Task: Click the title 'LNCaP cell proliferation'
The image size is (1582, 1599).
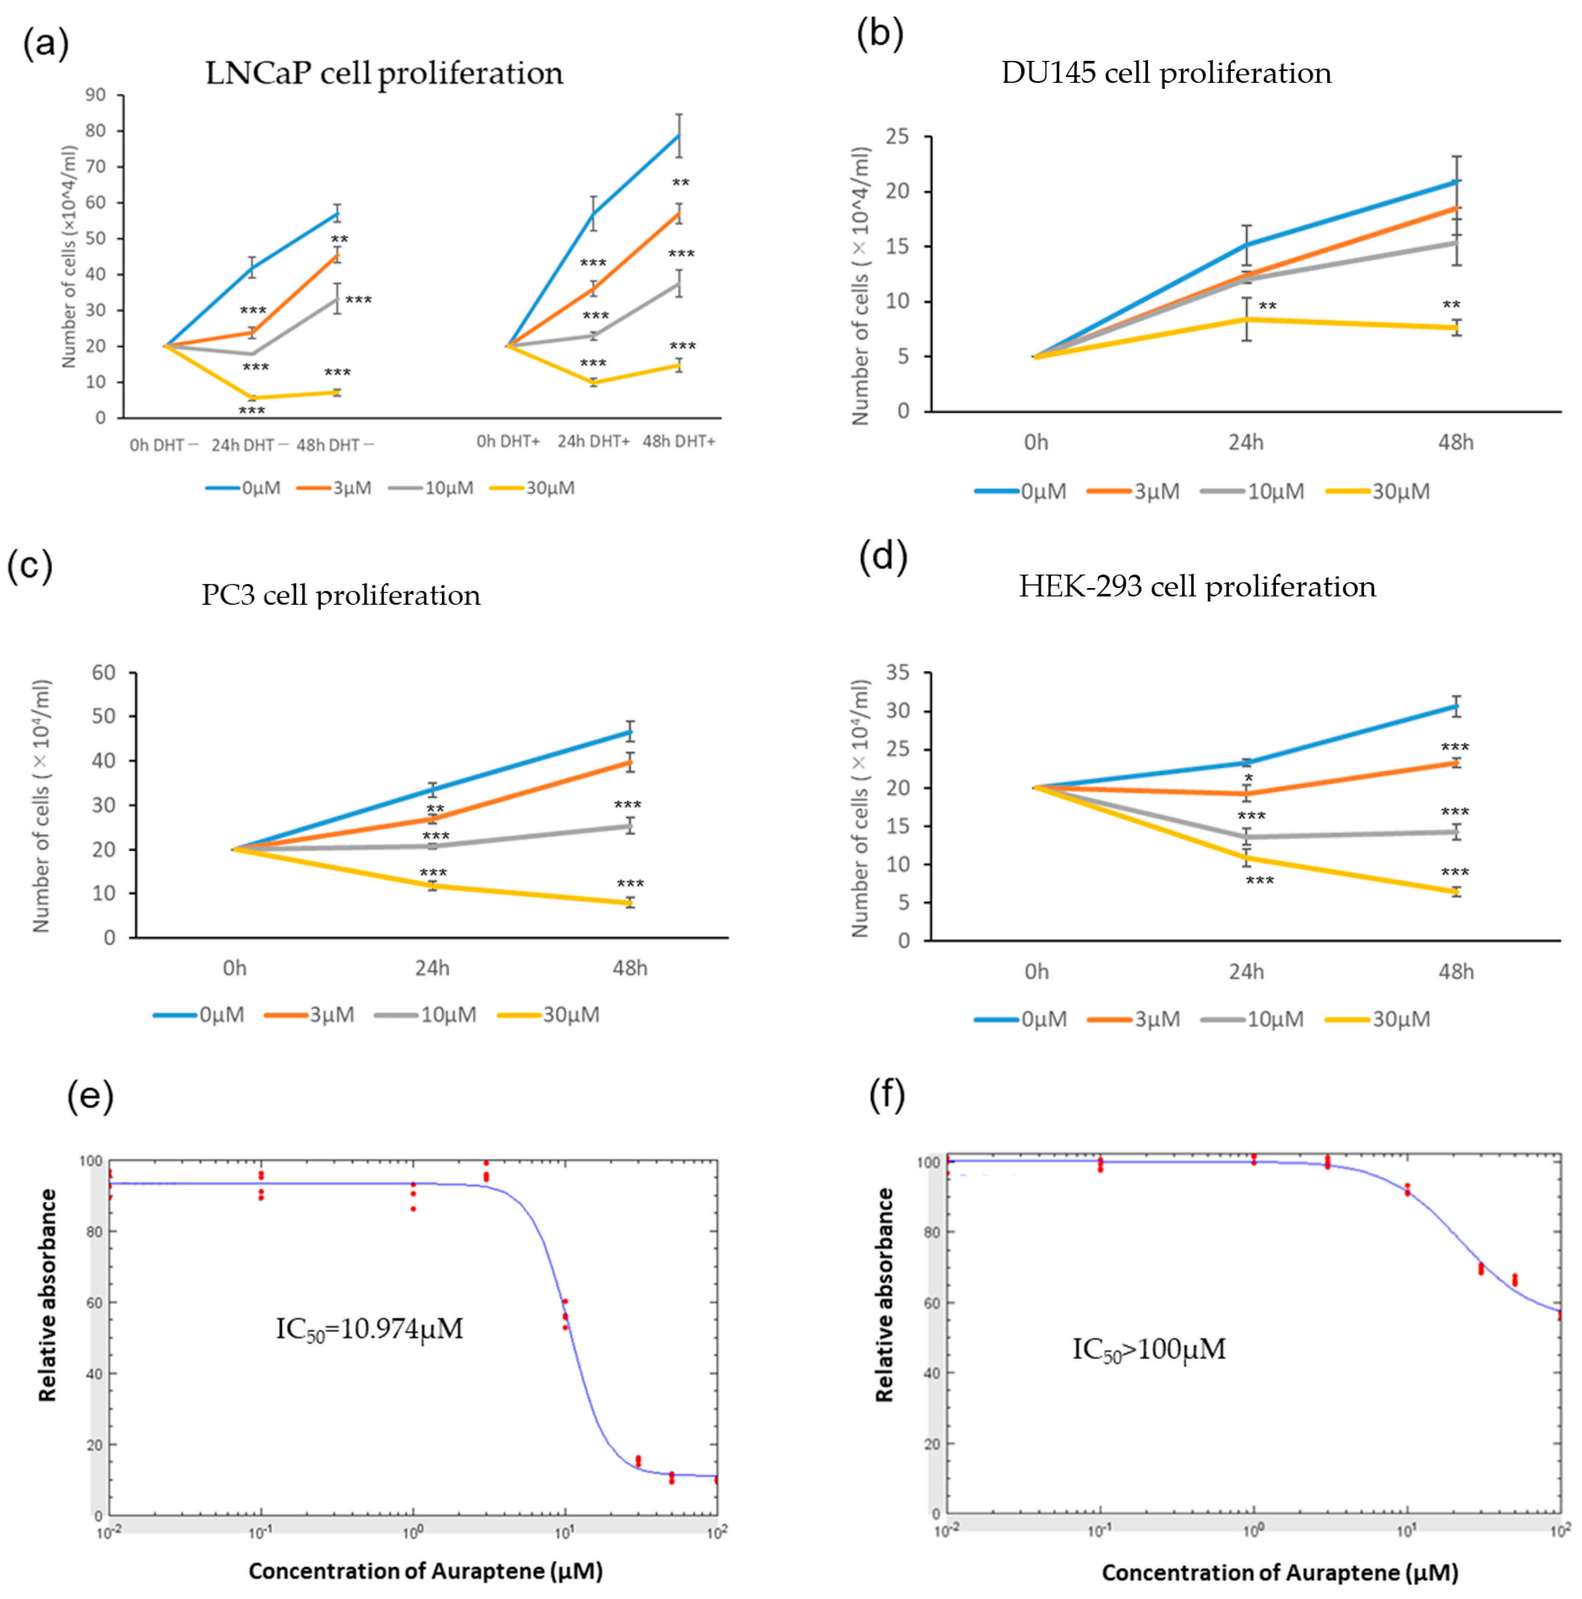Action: point(384,73)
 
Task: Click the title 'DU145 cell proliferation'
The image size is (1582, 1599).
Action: point(1166,73)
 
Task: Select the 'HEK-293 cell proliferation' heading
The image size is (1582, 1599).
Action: point(1196,587)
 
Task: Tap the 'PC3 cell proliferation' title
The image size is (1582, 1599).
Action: point(341,595)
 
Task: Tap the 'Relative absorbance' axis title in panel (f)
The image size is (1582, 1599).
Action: point(885,1295)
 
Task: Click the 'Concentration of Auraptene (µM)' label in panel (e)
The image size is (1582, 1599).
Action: point(425,1571)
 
